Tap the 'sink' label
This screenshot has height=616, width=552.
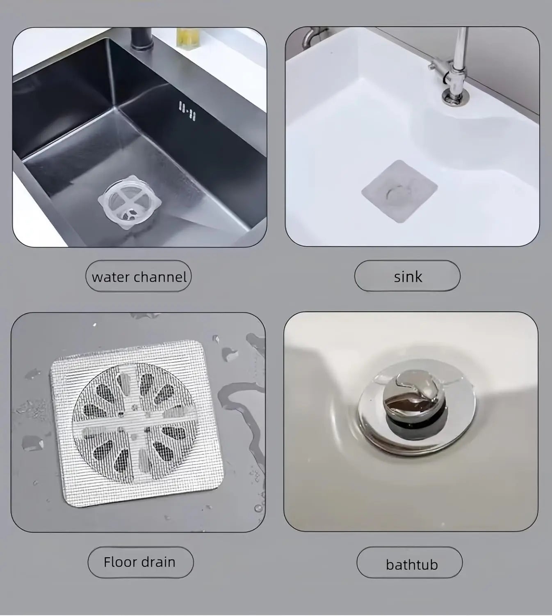pyautogui.click(x=407, y=276)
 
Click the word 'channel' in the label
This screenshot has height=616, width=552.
pyautogui.click(x=160, y=277)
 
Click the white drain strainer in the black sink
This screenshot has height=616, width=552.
pyautogui.click(x=130, y=202)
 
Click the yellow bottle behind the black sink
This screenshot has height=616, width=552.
pyautogui.click(x=188, y=38)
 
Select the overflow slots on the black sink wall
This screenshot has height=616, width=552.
pyautogui.click(x=187, y=110)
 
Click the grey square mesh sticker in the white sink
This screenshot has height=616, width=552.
pyautogui.click(x=399, y=191)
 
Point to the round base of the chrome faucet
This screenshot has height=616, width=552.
pyautogui.click(x=455, y=97)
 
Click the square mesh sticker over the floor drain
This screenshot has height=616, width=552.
pyautogui.click(x=137, y=424)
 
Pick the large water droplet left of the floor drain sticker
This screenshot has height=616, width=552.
pyautogui.click(x=32, y=442)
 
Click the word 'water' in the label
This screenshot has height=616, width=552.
pyautogui.click(x=111, y=277)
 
